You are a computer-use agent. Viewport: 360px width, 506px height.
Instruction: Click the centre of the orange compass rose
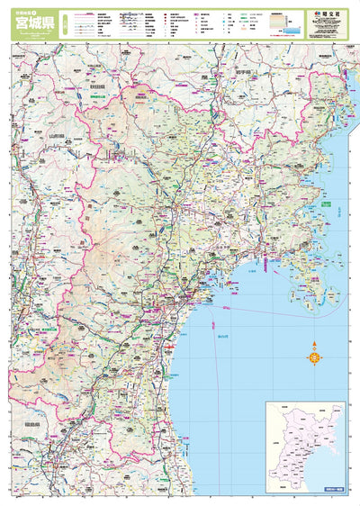point(315,358)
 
